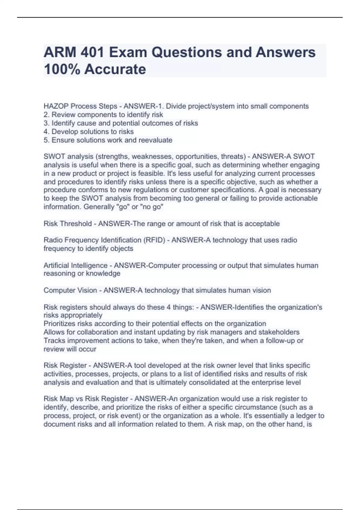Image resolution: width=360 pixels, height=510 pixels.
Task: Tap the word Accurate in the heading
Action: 115,69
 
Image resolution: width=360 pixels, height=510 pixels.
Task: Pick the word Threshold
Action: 76,224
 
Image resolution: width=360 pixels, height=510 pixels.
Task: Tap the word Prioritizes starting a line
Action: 60,324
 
